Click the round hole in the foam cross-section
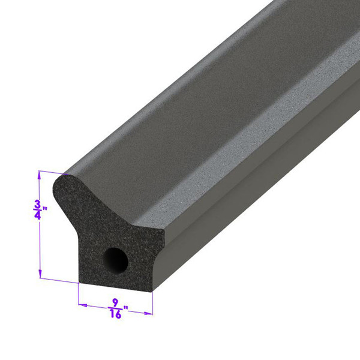point(116,260)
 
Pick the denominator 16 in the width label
point(115,314)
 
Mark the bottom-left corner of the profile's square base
point(80,280)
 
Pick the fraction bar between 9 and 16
point(115,308)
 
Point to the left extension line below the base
point(79,294)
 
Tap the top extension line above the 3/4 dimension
point(48,172)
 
